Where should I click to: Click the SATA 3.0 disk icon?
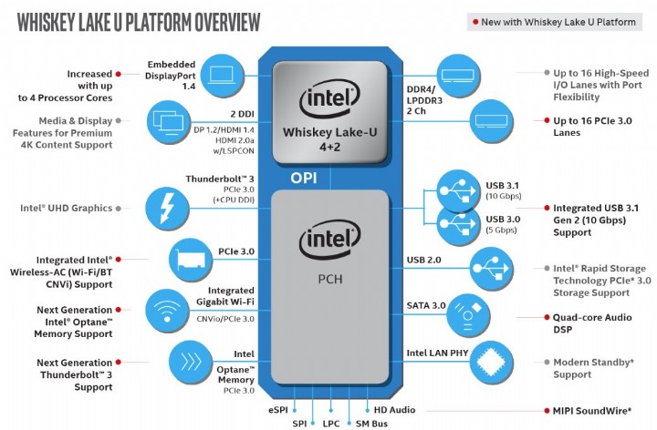click(471, 314)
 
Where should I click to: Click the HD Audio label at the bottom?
click(395, 411)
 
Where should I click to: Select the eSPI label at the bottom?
click(278, 411)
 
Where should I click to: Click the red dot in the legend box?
click(472, 22)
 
